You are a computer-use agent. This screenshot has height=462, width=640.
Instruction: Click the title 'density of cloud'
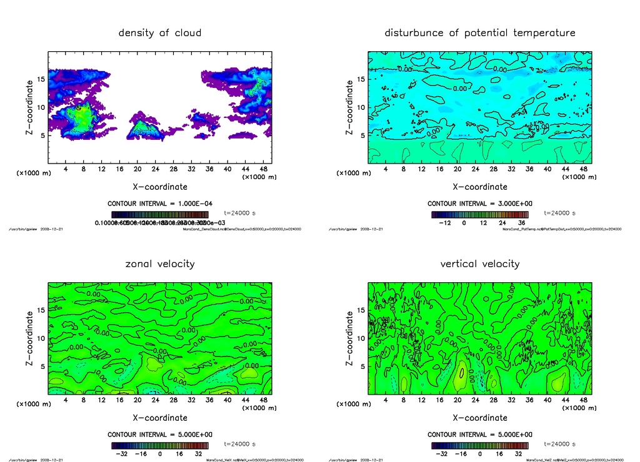(160, 32)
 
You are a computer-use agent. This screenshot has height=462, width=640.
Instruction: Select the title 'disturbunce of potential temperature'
(479, 32)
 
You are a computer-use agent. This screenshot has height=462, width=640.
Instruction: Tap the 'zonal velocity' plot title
(160, 263)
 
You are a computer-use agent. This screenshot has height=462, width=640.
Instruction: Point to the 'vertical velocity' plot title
(479, 263)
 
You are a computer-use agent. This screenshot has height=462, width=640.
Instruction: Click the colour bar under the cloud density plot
(159, 214)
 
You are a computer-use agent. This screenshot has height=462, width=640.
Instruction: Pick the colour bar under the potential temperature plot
(479, 214)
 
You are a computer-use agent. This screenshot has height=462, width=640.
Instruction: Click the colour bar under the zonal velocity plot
(159, 445)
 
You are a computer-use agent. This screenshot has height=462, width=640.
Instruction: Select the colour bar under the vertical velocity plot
(479, 445)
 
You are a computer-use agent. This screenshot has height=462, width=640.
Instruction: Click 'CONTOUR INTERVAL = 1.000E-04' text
(160, 204)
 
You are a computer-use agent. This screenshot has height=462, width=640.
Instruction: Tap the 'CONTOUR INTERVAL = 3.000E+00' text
(480, 204)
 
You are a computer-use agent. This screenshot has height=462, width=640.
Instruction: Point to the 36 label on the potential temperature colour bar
(522, 222)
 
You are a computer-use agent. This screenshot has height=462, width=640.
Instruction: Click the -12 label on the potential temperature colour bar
(446, 222)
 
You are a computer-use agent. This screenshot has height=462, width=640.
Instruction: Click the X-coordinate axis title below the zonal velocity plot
(160, 418)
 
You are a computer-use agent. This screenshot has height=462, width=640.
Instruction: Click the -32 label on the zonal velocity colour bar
(122, 454)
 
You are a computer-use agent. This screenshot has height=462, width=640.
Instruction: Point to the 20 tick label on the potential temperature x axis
(457, 169)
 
